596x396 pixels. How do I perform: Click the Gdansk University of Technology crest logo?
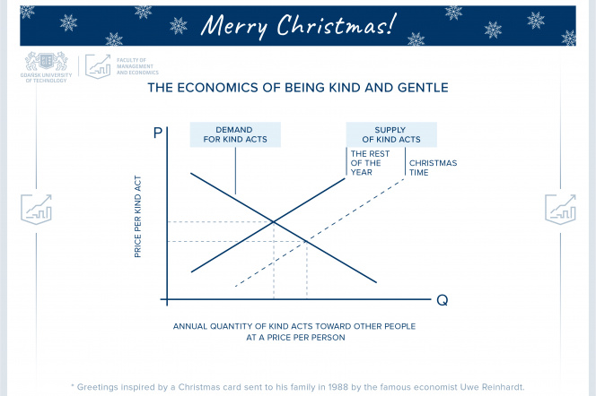tap(43, 62)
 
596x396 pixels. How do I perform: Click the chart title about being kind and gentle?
tap(298, 89)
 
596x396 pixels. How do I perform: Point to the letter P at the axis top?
tap(159, 133)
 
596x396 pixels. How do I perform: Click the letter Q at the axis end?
tap(442, 299)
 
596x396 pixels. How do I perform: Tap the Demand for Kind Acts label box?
tap(234, 134)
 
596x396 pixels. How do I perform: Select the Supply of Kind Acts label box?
tap(391, 134)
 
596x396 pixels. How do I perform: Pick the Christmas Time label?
tap(434, 168)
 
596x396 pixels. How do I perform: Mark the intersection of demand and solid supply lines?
tap(274, 222)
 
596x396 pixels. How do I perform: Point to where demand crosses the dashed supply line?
tap(307, 242)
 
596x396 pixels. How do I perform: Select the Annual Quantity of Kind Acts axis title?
tap(294, 331)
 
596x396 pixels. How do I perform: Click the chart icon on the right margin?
tap(560, 208)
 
